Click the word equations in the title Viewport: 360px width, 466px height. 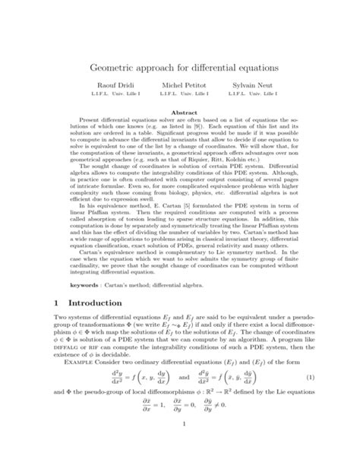click(x=257, y=68)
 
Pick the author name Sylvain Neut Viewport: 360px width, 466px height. click(x=262, y=89)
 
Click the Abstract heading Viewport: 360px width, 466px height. click(x=180, y=112)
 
